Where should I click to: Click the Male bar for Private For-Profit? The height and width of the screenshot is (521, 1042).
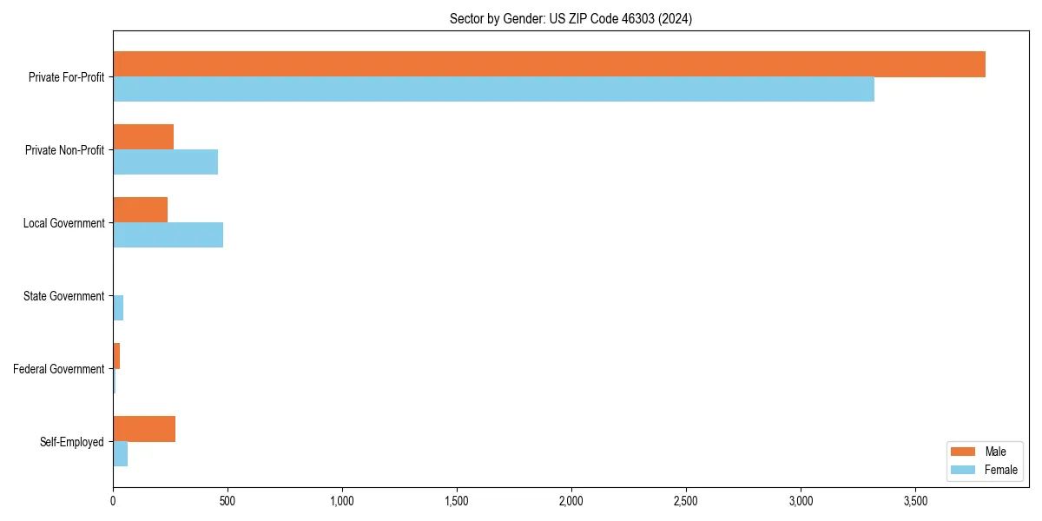(x=549, y=64)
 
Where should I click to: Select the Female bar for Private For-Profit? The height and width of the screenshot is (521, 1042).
(x=493, y=89)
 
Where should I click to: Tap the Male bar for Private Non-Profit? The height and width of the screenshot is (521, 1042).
(x=143, y=137)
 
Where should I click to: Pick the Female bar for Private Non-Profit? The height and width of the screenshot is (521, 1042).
(x=165, y=162)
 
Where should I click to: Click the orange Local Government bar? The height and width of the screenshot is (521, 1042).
(x=140, y=210)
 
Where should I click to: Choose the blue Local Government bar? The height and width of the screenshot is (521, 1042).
(x=168, y=235)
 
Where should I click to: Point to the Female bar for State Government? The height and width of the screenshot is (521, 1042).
(x=118, y=308)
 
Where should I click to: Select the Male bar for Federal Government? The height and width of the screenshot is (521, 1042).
(x=116, y=356)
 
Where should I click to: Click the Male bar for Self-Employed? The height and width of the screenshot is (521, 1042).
(x=144, y=429)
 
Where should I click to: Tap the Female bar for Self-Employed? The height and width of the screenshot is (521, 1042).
(x=120, y=454)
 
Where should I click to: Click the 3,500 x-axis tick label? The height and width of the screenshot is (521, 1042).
(x=915, y=501)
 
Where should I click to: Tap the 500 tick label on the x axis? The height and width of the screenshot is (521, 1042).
(x=228, y=501)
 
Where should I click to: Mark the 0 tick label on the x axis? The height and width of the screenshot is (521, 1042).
(x=113, y=501)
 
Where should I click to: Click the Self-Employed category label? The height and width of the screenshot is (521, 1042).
(x=72, y=442)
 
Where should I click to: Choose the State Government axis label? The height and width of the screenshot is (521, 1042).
(x=64, y=296)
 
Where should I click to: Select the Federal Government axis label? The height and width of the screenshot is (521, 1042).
(x=59, y=369)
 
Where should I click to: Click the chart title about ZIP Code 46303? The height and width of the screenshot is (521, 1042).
(x=570, y=18)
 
